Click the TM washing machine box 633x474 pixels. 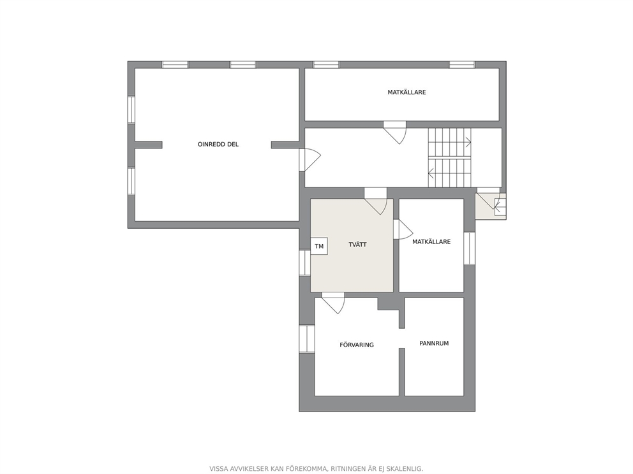[x=319, y=246]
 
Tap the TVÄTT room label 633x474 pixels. [x=358, y=245]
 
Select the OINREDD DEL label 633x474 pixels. [x=218, y=144]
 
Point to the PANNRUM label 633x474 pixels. [x=434, y=343]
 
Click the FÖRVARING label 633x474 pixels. [x=357, y=345]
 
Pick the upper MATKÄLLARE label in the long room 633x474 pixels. [x=406, y=92]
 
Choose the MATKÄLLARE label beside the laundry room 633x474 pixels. [x=431, y=242]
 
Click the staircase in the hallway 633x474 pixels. [x=450, y=157]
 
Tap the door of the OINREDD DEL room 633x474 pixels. [x=309, y=160]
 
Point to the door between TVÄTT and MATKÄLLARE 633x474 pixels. [x=403, y=229]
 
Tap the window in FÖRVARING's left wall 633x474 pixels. [x=307, y=338]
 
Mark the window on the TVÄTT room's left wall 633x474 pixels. [x=305, y=262]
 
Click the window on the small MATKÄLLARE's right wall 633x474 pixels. [x=470, y=248]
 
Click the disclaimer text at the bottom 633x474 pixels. [x=316, y=469]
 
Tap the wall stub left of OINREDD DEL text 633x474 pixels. [x=148, y=145]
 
